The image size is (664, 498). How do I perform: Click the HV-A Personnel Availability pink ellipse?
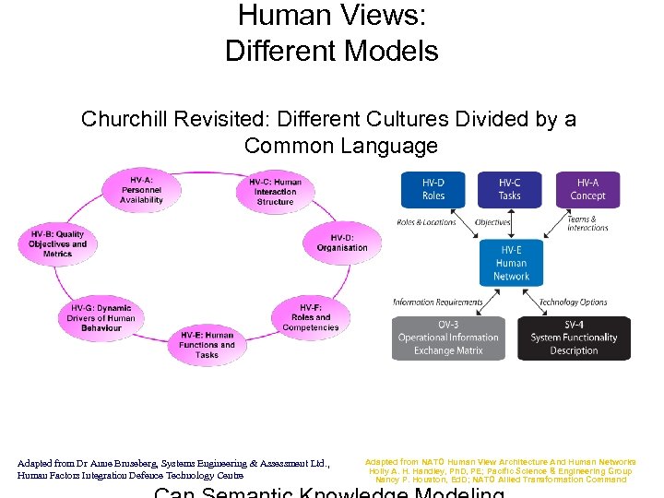[x=141, y=189]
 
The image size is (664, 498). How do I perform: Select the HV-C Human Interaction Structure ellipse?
[x=275, y=192]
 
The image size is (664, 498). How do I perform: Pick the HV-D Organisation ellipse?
[x=341, y=243]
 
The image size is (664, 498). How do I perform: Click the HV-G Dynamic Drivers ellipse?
[x=101, y=317]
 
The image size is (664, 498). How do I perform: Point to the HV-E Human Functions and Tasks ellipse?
[x=207, y=345]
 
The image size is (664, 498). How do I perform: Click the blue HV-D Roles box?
[x=433, y=190]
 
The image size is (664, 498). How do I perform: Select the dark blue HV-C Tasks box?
[x=510, y=190]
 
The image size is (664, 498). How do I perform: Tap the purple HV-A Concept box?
[x=587, y=190]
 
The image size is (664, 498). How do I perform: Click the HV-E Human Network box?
[x=511, y=263]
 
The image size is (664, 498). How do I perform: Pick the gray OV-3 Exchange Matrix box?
[x=448, y=338]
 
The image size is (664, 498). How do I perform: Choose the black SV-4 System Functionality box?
[x=574, y=338]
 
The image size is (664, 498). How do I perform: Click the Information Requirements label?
[x=438, y=302]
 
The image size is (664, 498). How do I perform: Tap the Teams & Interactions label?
[x=587, y=224]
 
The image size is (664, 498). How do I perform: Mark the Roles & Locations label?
[x=426, y=222]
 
